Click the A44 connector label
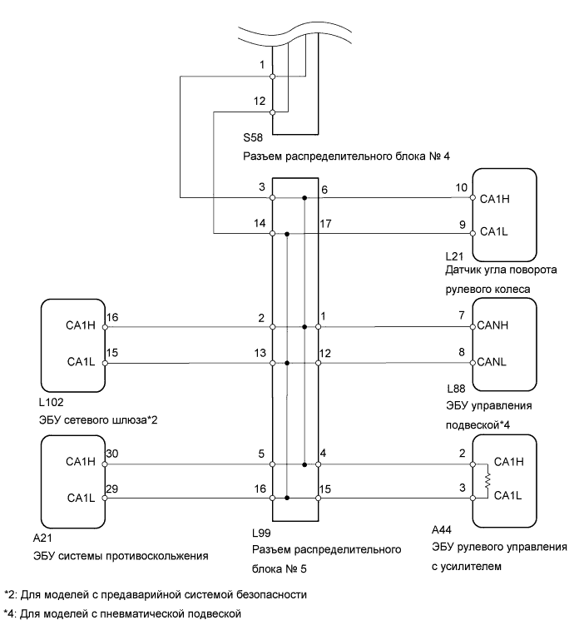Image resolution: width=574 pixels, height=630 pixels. pos(442,530)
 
